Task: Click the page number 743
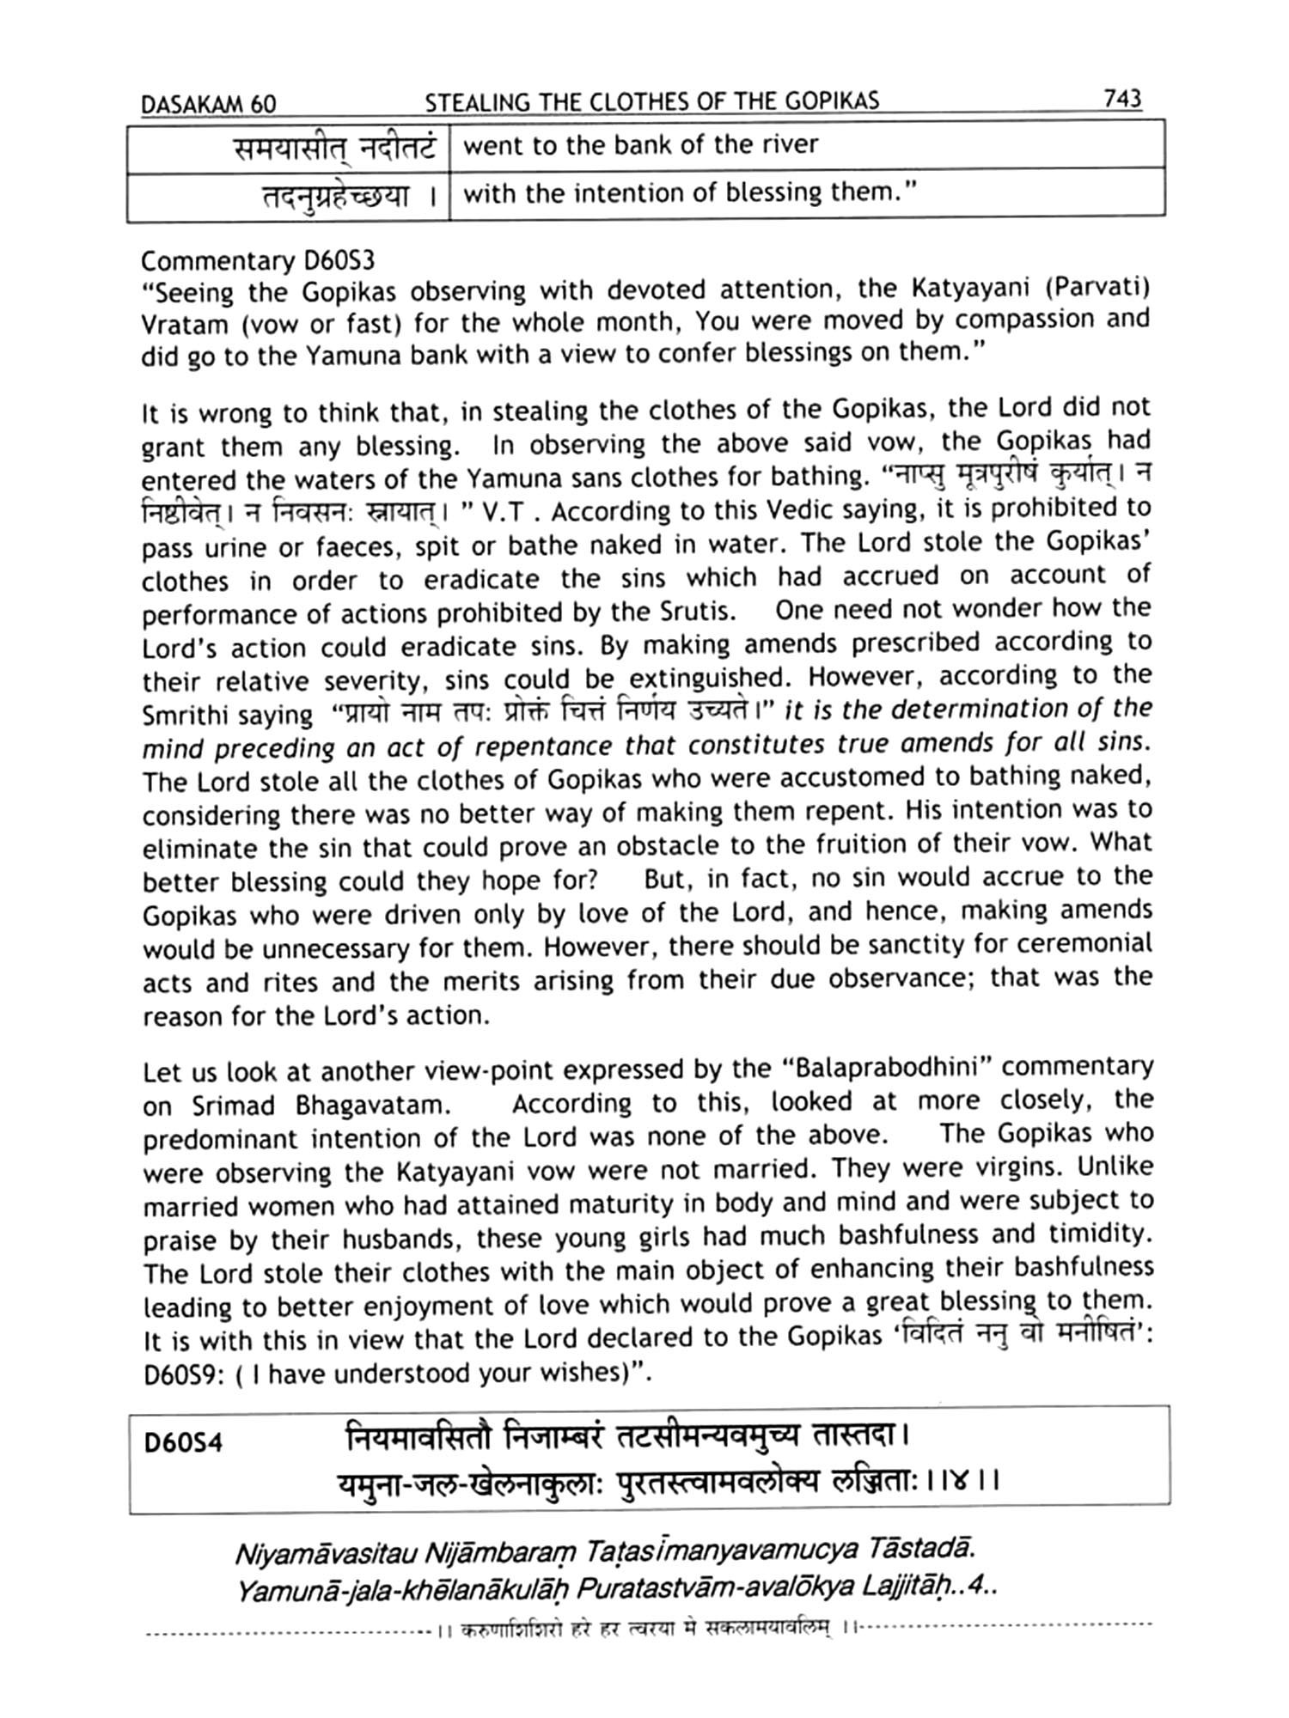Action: coord(1122,100)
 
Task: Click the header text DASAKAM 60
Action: coord(208,105)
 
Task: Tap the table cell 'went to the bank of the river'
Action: coord(640,144)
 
